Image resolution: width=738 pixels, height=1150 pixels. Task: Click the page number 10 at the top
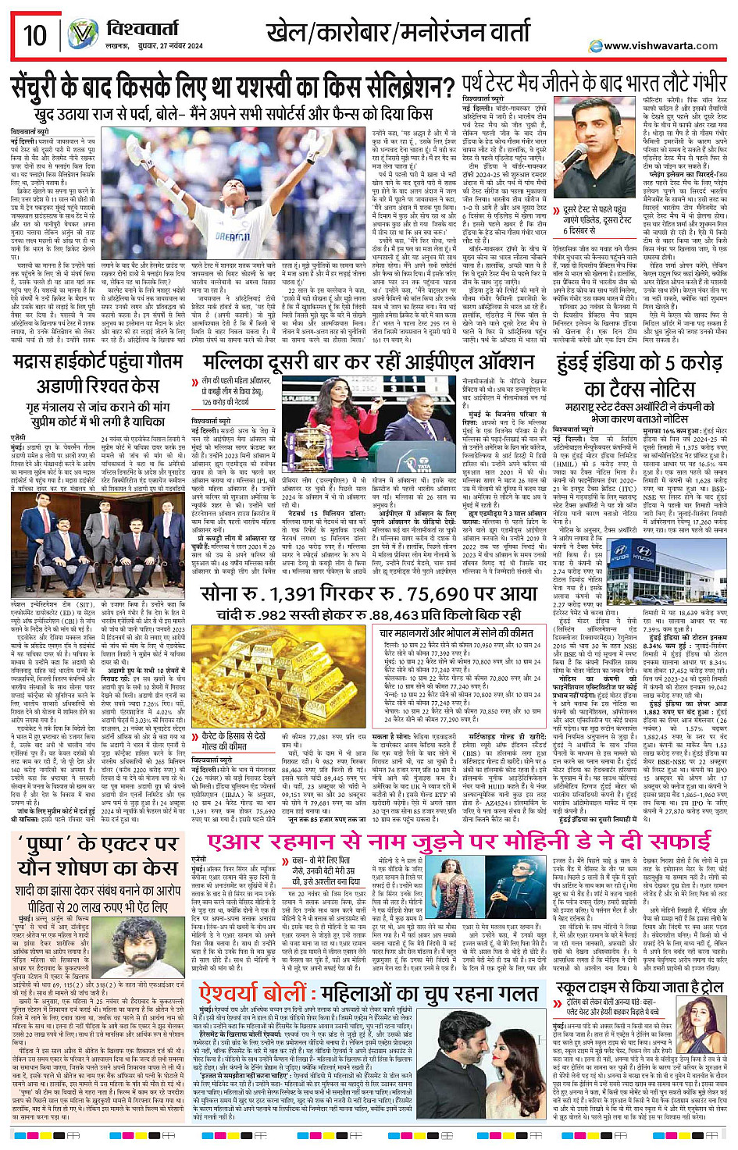click(35, 36)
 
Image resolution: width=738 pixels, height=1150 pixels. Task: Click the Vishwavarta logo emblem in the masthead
click(81, 35)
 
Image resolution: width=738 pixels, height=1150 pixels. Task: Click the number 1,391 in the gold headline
click(292, 594)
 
